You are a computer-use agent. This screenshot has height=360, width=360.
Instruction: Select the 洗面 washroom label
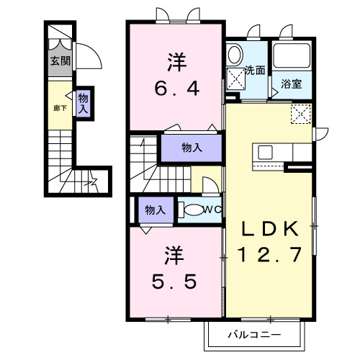pos(254,71)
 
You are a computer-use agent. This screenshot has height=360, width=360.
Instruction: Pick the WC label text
pos(211,210)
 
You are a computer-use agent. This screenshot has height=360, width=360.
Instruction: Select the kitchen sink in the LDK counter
pos(265,152)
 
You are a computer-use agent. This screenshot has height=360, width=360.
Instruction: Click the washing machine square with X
pos(235,79)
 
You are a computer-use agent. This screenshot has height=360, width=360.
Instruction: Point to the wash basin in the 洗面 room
pos(235,55)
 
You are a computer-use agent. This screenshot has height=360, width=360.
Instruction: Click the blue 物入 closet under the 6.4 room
pos(191,148)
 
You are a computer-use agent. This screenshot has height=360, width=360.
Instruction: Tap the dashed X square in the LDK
pos(301,114)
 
